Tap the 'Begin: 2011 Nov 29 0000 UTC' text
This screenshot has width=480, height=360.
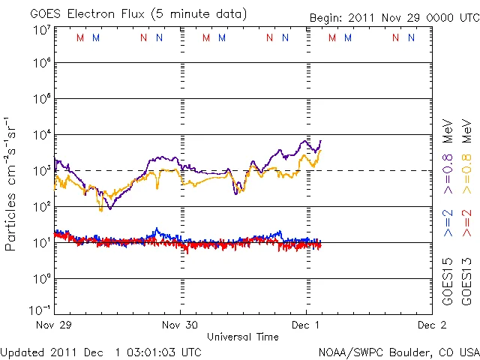[394, 17]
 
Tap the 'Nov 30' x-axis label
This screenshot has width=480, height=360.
[181, 325]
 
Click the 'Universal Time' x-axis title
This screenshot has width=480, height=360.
[243, 337]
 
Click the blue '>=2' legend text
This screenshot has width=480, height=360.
[448, 223]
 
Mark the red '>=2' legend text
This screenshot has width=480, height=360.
[466, 223]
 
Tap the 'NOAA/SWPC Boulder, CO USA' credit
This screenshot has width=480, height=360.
[398, 352]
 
